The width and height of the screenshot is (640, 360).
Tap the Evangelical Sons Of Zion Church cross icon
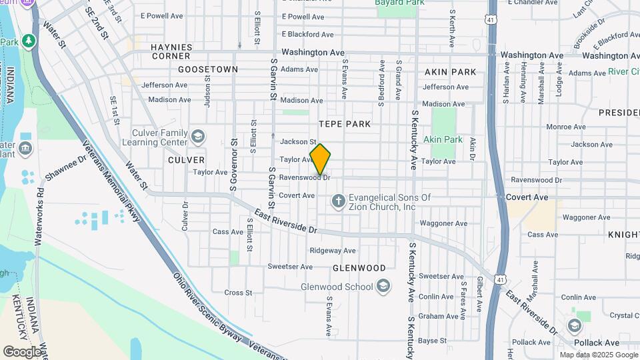coord(339,201)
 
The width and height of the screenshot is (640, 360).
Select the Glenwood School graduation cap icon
coord(383,287)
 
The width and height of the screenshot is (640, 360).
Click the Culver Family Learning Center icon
coord(198,137)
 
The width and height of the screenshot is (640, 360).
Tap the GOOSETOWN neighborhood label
coord(208,69)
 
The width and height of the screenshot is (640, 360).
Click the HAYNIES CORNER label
coord(171,51)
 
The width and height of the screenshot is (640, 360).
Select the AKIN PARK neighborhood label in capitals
coord(450,71)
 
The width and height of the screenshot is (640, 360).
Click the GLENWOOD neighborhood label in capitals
coord(359,268)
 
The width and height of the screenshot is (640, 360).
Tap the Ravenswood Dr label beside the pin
coord(305,177)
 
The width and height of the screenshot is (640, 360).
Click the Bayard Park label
coord(400,3)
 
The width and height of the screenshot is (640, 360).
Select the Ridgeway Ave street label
coord(333,251)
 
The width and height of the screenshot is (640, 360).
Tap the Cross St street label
coord(238,292)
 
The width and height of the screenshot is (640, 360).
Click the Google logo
coord(22,351)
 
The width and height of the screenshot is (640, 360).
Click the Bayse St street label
coord(432,340)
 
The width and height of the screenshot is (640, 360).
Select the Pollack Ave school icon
coord(575,326)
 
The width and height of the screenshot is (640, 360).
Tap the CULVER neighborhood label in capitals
coord(186,160)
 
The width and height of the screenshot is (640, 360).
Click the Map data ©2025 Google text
coord(598,355)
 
